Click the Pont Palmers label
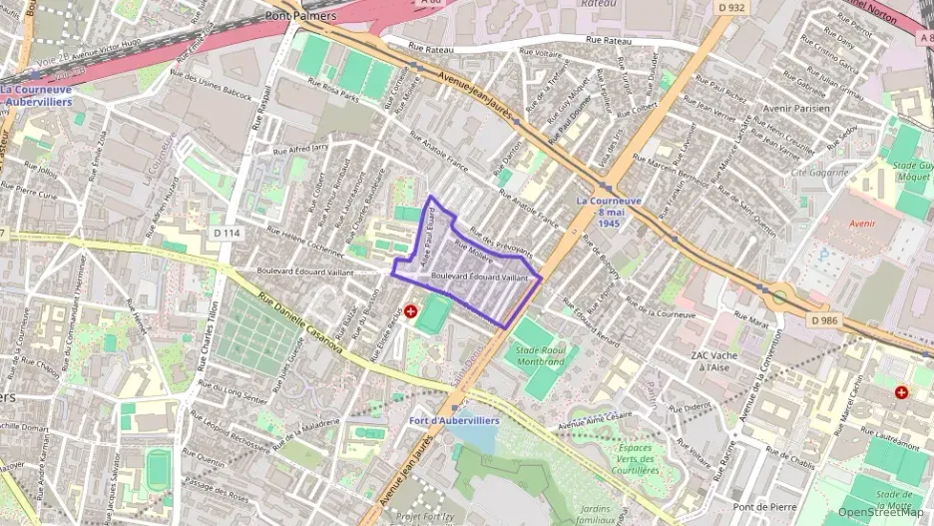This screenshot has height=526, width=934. tap(300, 16)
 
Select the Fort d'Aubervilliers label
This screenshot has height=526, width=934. tap(454, 420)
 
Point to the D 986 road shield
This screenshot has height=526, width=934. tap(824, 320)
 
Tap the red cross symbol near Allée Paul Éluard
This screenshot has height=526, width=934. tap(410, 311)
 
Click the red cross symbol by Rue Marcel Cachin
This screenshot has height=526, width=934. tap(902, 393)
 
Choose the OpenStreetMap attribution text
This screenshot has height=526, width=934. tap(881, 512)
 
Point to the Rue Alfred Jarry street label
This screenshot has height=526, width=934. tap(300, 150)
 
